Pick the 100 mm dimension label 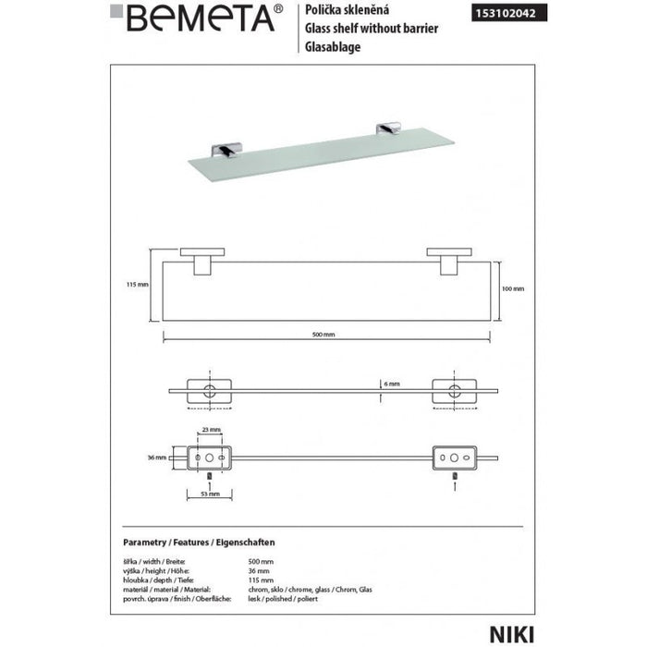point(514,288)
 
